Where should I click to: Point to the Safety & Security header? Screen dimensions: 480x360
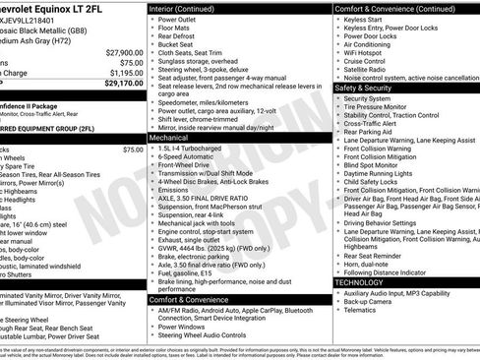372,88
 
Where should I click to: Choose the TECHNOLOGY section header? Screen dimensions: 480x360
366,281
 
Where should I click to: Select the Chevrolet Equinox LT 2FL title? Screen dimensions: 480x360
49,7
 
